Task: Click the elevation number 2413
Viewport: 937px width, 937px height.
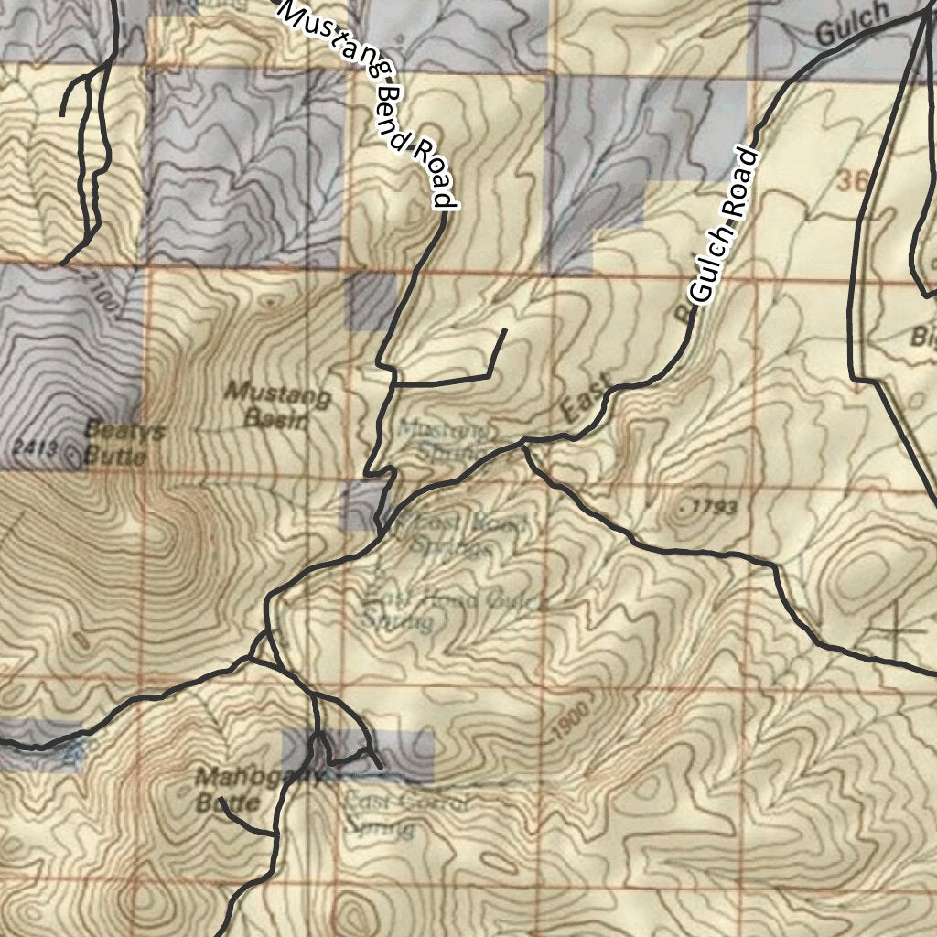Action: pos(37,447)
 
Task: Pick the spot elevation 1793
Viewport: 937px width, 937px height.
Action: pos(709,507)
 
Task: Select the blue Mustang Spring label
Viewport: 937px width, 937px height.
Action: pos(444,439)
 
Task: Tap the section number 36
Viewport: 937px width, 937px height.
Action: pos(851,182)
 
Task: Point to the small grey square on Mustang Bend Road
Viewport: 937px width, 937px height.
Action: pos(371,301)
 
